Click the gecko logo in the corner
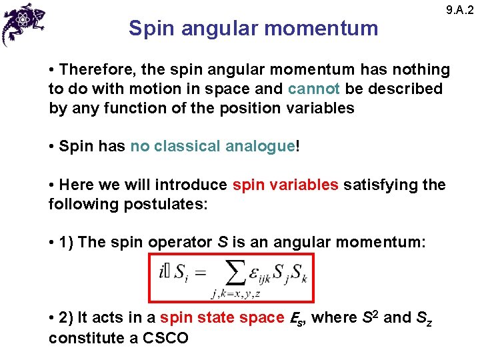(24, 24)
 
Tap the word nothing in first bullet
(418, 69)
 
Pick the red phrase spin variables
(285, 185)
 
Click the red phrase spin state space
(223, 318)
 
